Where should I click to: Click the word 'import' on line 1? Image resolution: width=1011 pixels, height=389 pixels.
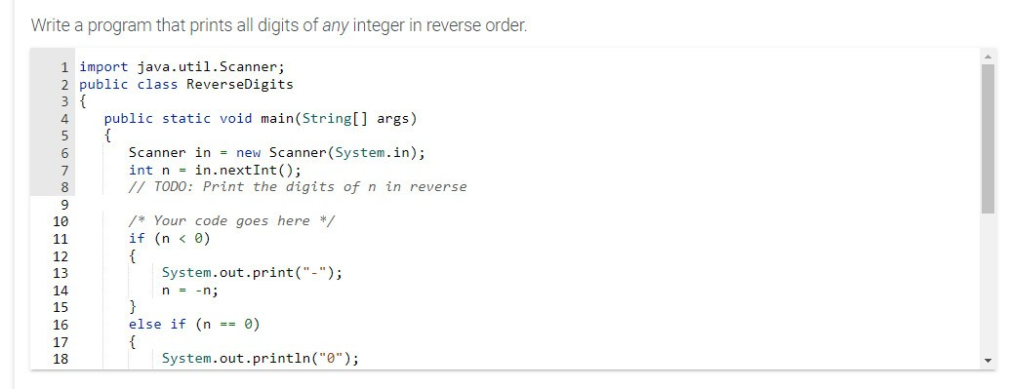[x=102, y=66]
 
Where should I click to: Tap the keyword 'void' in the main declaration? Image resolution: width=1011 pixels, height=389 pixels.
[x=236, y=119]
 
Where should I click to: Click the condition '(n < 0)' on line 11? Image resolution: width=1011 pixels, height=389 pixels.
[x=182, y=239]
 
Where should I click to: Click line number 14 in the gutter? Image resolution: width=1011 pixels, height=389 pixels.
[x=60, y=291]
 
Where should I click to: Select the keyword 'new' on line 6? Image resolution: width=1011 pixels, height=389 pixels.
[x=248, y=153]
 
